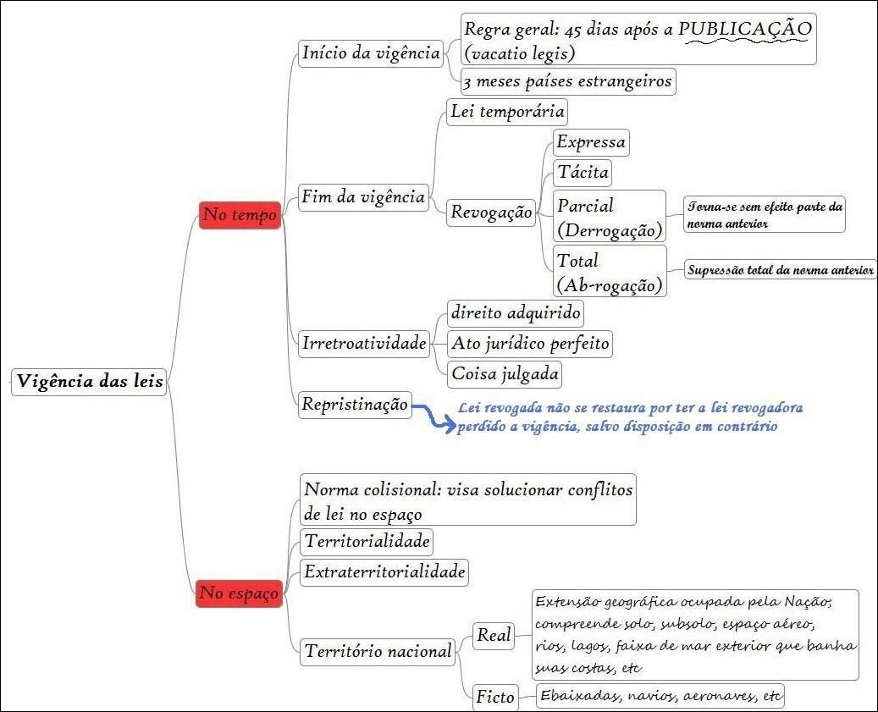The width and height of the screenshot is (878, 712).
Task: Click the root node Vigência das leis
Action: [x=89, y=381]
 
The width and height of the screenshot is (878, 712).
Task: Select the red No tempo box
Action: [x=240, y=216]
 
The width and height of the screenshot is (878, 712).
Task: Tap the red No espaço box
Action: [x=238, y=594]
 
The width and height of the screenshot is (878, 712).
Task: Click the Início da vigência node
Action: [x=371, y=53]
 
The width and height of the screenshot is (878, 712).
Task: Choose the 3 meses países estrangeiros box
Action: [x=568, y=81]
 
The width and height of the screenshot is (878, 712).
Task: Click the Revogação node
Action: [x=492, y=212]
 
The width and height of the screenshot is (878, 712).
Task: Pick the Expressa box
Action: [x=591, y=141]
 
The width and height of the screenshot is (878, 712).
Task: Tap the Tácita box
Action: [x=583, y=173]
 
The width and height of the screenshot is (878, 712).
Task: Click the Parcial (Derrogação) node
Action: [x=609, y=217]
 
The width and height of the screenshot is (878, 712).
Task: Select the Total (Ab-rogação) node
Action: [x=609, y=271]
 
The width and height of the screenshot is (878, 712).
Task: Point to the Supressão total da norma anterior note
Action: [x=781, y=271]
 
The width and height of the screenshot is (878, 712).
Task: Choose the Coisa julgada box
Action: [x=505, y=373]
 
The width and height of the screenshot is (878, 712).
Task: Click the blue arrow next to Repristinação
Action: [x=433, y=417]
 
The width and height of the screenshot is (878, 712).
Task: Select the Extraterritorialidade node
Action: [x=384, y=571]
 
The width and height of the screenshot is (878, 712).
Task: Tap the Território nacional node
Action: [x=378, y=651]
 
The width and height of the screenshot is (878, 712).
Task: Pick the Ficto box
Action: [x=495, y=697]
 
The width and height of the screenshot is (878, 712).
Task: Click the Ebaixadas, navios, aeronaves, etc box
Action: [x=661, y=696]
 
